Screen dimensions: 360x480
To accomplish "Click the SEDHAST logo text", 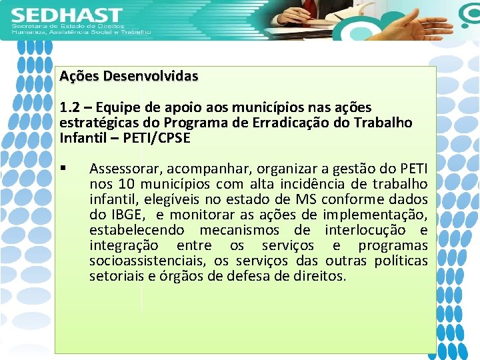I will click(67, 15).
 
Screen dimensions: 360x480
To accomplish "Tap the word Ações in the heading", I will click(74, 76).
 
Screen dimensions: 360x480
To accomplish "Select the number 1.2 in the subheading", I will click(68, 107).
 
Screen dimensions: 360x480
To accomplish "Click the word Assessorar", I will click(123, 167).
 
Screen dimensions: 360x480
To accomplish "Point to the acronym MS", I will click(306, 199).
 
